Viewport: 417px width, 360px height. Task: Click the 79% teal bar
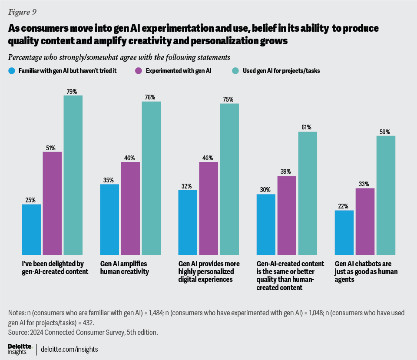coord(73,175)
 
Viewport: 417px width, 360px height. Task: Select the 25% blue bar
coord(31,229)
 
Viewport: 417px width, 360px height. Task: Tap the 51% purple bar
coord(52,203)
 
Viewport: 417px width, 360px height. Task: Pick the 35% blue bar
coord(109,219)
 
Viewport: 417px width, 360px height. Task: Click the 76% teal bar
coord(151,178)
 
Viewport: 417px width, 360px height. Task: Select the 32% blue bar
coord(188,222)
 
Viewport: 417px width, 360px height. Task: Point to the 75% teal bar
coord(229,178)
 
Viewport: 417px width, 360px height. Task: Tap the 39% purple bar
coord(287,215)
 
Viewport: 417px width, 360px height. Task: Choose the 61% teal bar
coord(308,193)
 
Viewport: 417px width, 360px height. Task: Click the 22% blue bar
coord(344,232)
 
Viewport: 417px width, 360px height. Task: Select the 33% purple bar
coord(365,221)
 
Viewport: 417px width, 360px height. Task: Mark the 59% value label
coord(385,132)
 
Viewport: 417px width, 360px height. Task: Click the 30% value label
coord(266,190)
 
